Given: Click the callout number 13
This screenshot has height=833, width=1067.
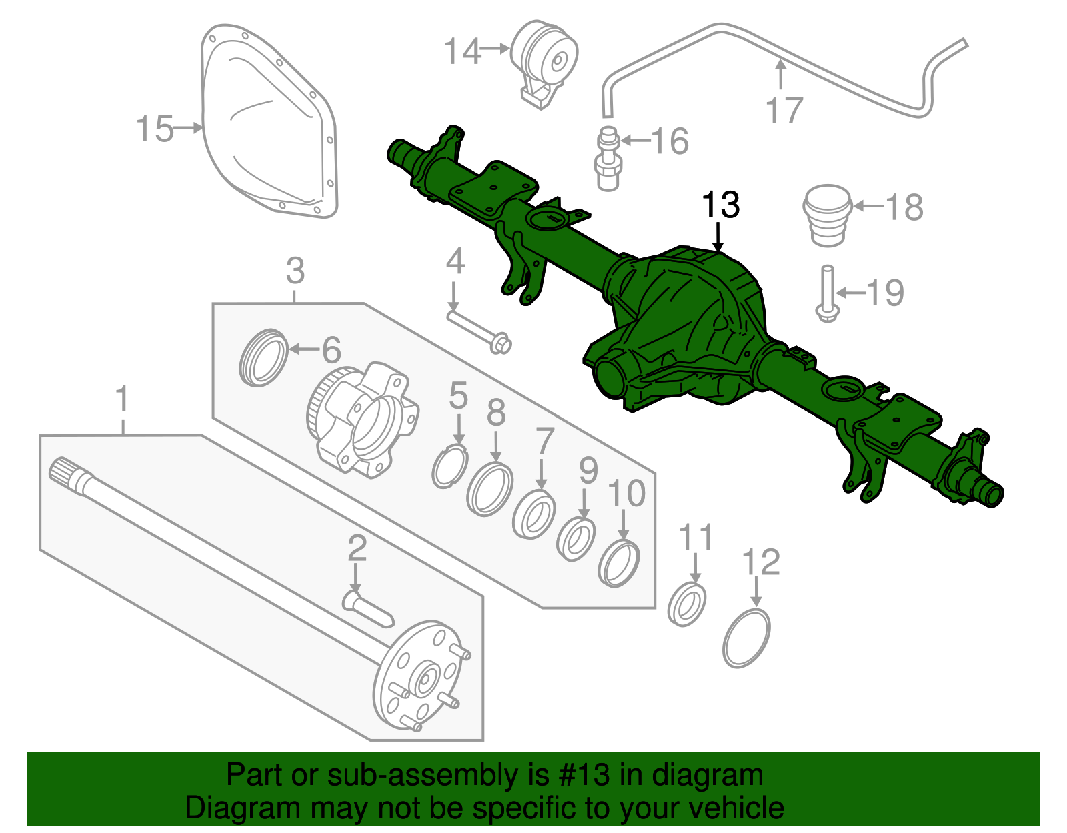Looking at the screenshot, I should point(721,205).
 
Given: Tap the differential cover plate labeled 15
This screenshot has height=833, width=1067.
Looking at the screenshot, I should point(270,123).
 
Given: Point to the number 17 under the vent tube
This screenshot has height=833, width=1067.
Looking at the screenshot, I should point(784,111).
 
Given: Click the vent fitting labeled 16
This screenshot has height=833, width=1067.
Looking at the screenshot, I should point(608,159).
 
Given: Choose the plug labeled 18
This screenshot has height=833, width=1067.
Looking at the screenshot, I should point(827,215).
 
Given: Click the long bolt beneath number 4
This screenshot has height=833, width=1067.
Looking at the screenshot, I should point(477,329).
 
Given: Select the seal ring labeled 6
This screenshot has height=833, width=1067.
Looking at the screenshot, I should point(263,357).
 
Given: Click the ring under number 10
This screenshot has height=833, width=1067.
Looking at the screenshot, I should point(619,564).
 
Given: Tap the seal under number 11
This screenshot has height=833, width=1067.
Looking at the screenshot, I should point(687,604).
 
